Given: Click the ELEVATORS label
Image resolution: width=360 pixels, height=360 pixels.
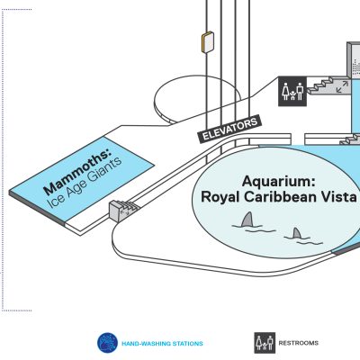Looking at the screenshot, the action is pyautogui.click(x=229, y=130).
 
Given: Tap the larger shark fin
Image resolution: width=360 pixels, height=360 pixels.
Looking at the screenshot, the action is pyautogui.click(x=247, y=220).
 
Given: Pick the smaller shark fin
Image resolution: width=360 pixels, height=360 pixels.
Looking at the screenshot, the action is pyautogui.click(x=297, y=233).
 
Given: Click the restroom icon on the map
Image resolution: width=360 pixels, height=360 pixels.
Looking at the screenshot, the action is pyautogui.click(x=292, y=91).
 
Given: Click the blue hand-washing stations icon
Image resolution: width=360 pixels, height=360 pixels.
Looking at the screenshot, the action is pyautogui.click(x=107, y=343).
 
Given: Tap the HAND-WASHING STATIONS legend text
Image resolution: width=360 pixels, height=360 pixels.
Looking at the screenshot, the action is pyautogui.click(x=162, y=344).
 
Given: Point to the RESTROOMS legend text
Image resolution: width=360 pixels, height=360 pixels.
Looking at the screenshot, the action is pyautogui.click(x=299, y=343).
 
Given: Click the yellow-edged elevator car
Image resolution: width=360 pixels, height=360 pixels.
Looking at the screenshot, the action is pyautogui.click(x=207, y=42).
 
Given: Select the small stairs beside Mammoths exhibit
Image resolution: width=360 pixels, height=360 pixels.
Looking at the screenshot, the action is pyautogui.click(x=122, y=209).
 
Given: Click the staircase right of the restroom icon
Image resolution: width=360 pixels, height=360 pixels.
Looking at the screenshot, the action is pyautogui.click(x=326, y=85).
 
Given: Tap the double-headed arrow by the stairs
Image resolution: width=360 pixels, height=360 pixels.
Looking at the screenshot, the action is pyautogui.click(x=342, y=86).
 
